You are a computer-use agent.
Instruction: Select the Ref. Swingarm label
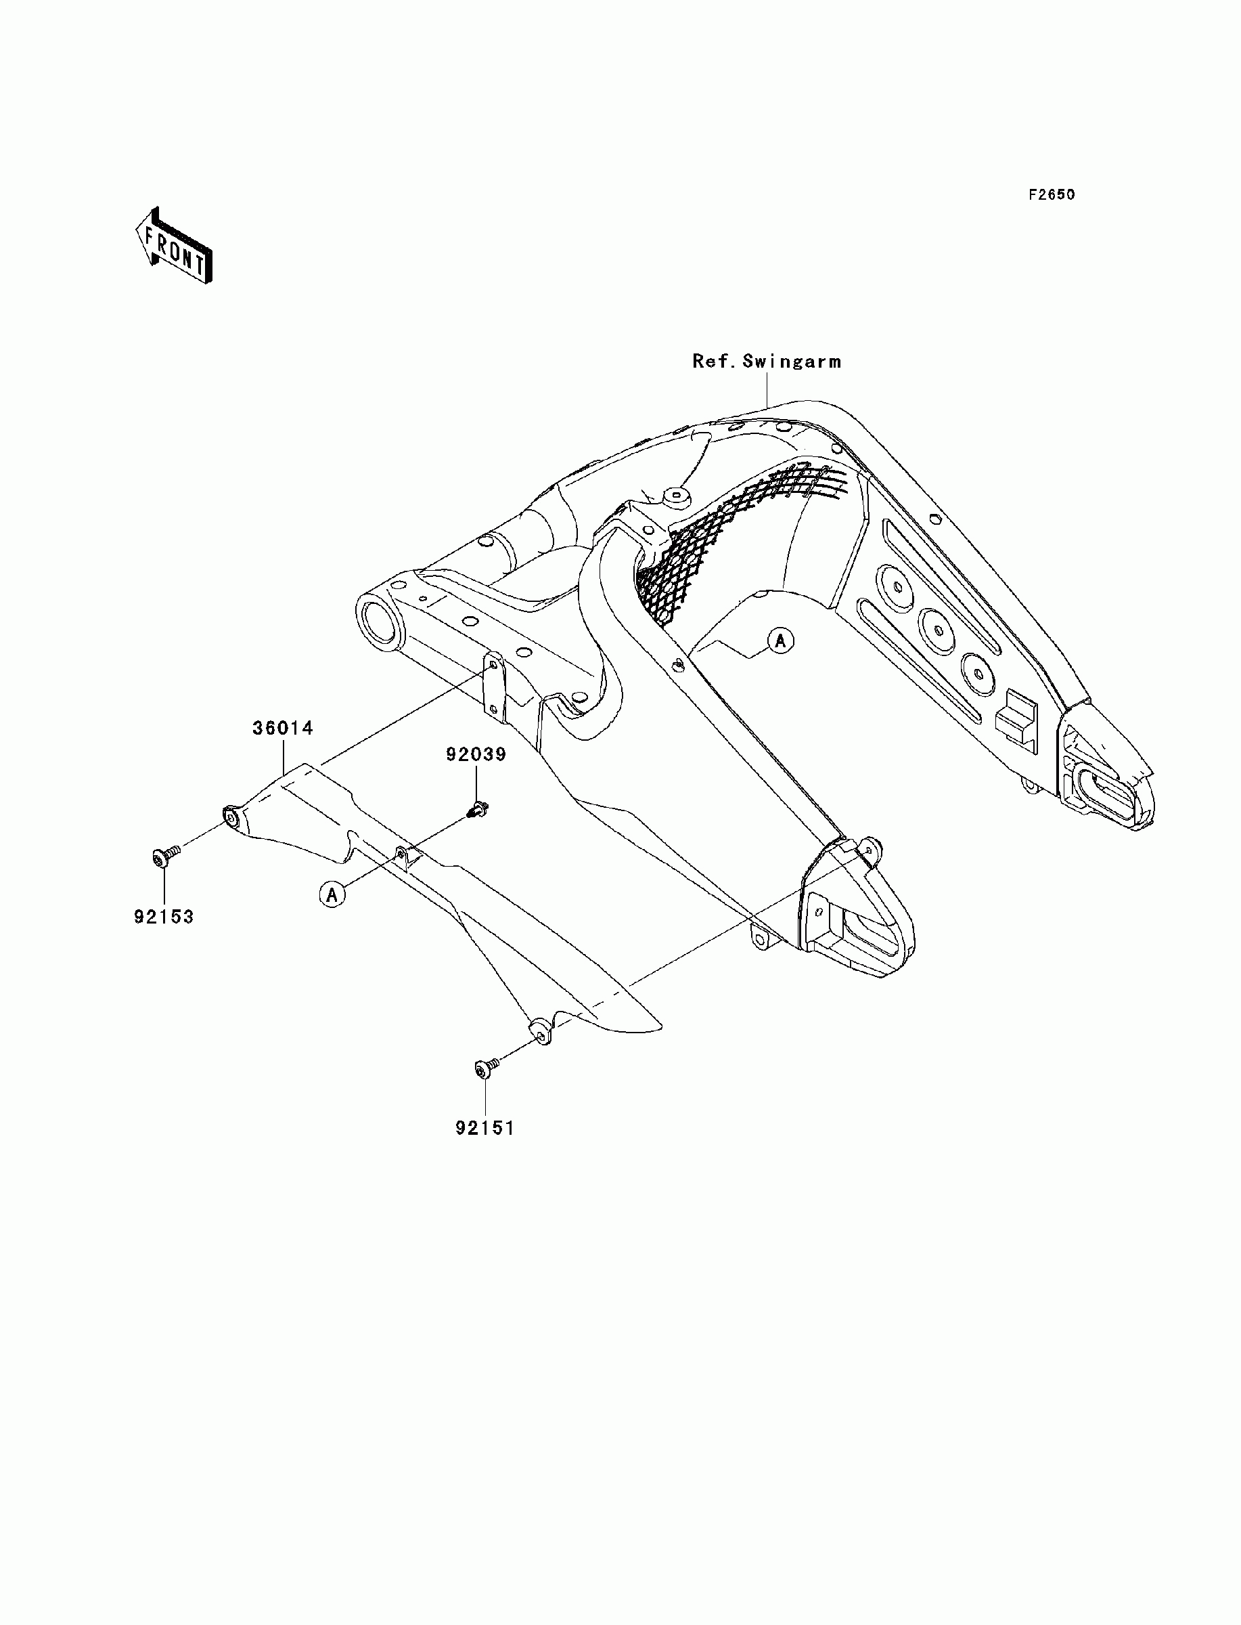(x=766, y=362)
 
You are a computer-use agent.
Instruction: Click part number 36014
(x=283, y=728)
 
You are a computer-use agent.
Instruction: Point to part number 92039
(x=475, y=754)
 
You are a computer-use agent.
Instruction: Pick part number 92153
(x=163, y=917)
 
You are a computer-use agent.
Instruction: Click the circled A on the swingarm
(x=781, y=640)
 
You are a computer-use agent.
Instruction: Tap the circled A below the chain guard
(x=332, y=895)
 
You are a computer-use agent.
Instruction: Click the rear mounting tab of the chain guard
(x=540, y=1029)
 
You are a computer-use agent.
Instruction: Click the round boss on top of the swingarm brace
(x=674, y=500)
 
